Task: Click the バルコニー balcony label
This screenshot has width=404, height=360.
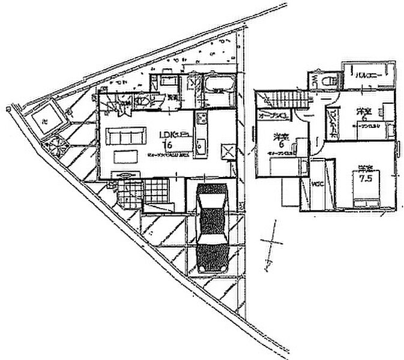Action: pyautogui.click(x=366, y=76)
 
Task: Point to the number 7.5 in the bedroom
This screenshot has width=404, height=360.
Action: pyautogui.click(x=363, y=179)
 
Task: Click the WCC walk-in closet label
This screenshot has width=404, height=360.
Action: pyautogui.click(x=317, y=184)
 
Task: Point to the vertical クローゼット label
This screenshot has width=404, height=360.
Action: pyautogui.click(x=332, y=123)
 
